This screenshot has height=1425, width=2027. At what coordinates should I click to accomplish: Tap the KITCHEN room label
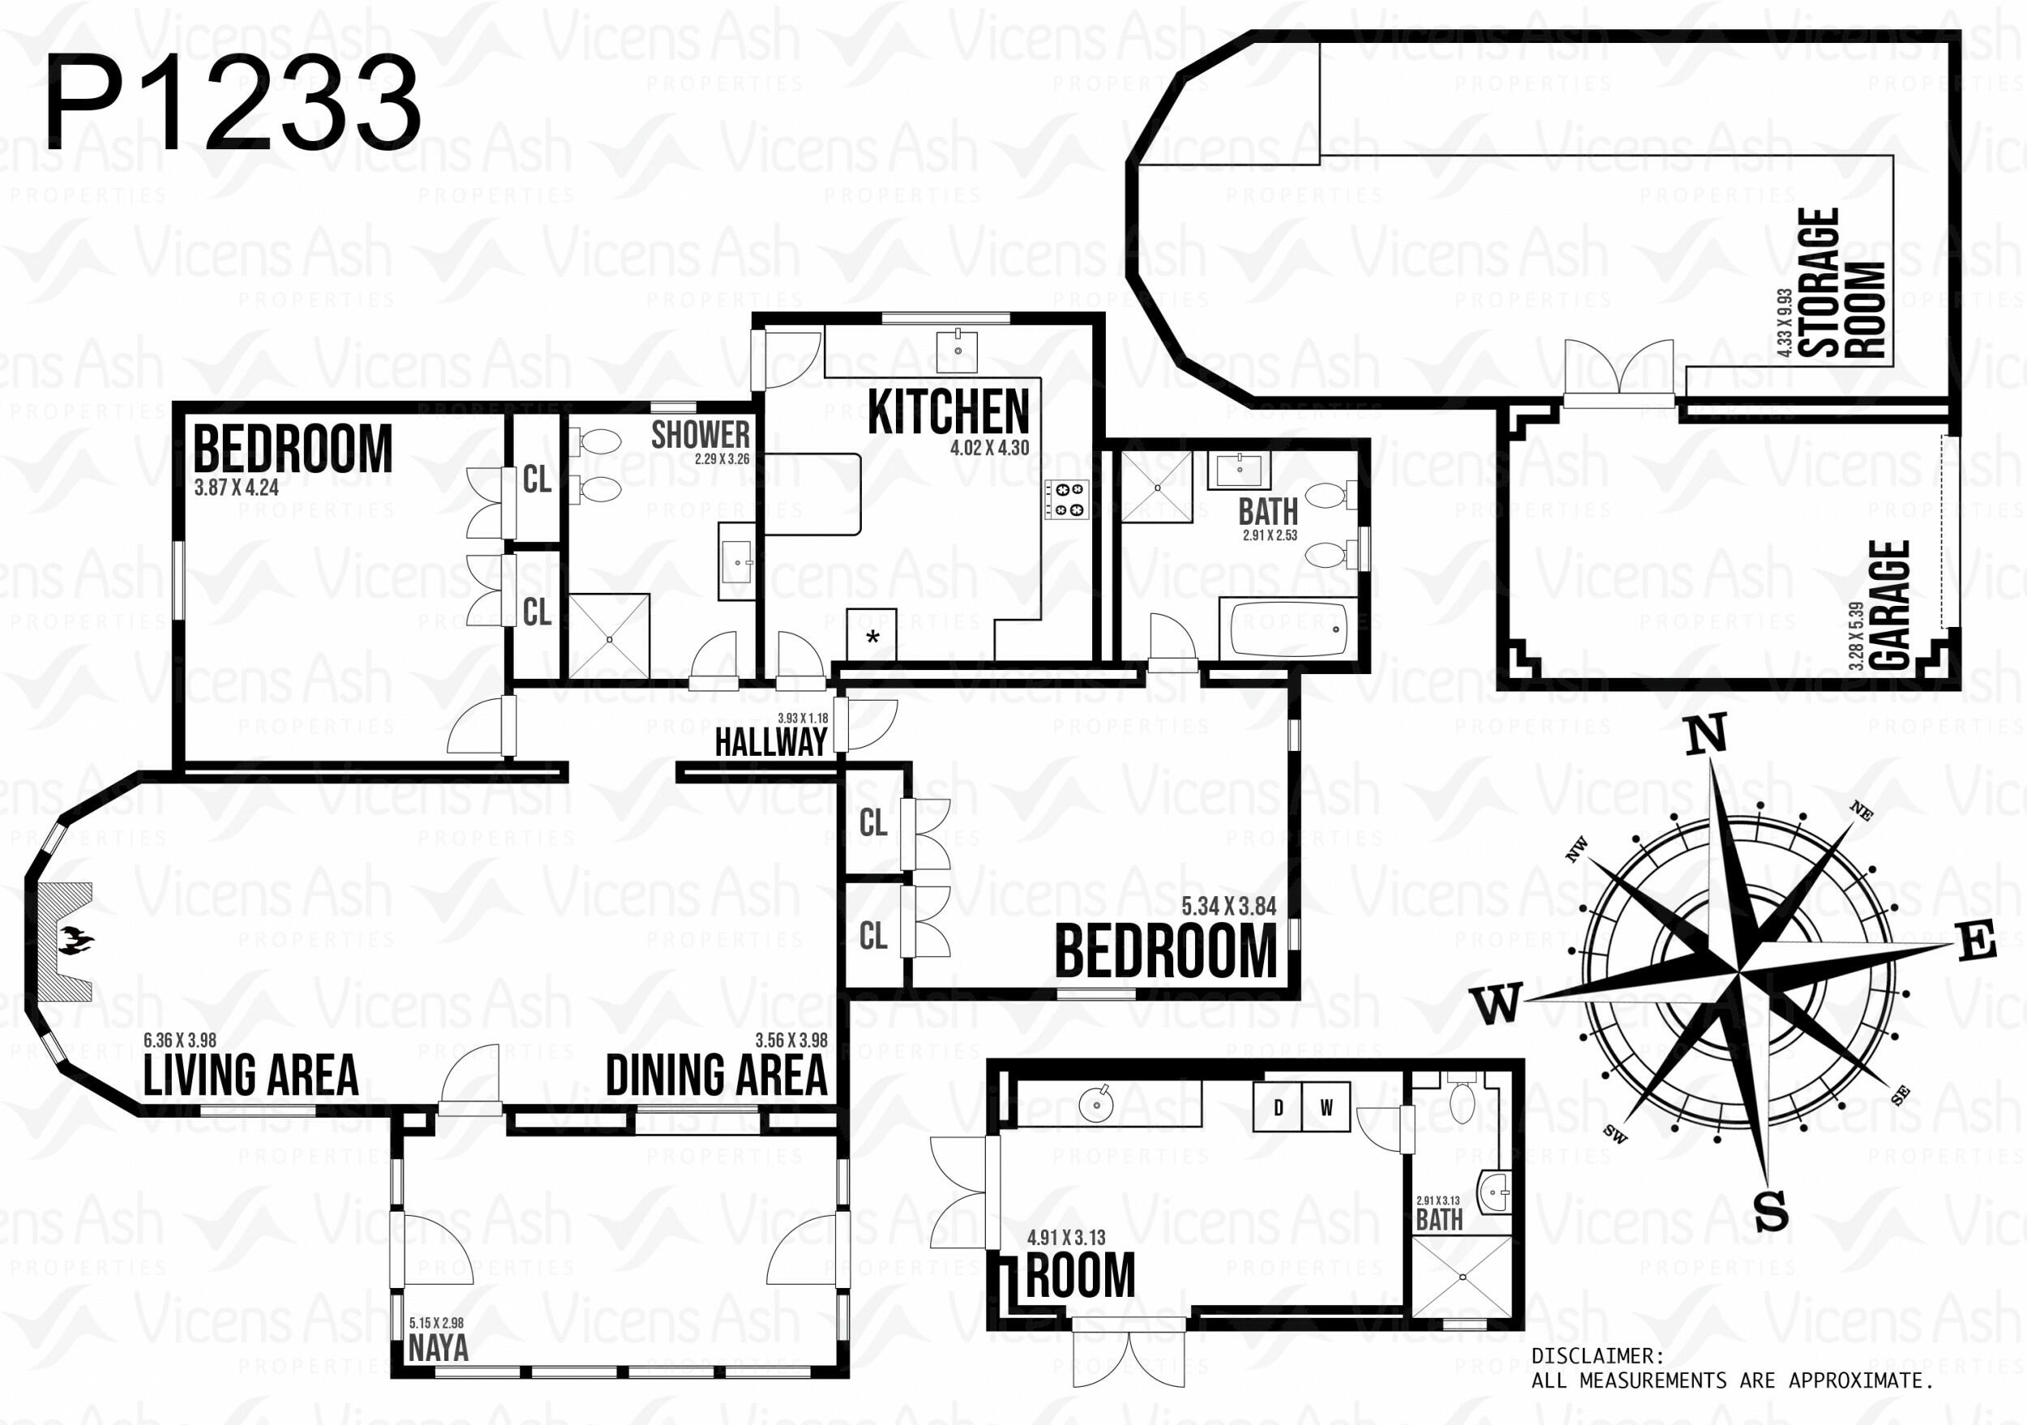(948, 412)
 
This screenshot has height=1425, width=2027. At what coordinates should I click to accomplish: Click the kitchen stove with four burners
(1066, 499)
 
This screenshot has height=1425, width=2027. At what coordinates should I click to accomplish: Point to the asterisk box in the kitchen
(872, 634)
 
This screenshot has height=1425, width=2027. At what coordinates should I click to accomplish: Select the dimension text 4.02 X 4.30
(990, 448)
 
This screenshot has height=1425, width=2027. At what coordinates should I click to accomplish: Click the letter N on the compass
(1706, 735)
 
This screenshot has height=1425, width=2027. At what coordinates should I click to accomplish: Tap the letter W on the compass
(1498, 1004)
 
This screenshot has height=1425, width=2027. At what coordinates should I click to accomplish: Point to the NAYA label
(438, 1348)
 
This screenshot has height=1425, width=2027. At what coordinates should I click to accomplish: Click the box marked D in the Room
(1279, 1108)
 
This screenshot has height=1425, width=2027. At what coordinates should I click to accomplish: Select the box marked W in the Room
(1326, 1108)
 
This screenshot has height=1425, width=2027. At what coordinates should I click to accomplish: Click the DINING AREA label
(717, 1075)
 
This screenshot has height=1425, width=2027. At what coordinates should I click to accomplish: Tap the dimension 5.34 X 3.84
(1229, 906)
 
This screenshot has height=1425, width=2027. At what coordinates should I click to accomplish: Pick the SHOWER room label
(700, 435)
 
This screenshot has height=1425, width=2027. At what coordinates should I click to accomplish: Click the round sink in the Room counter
(1095, 1103)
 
